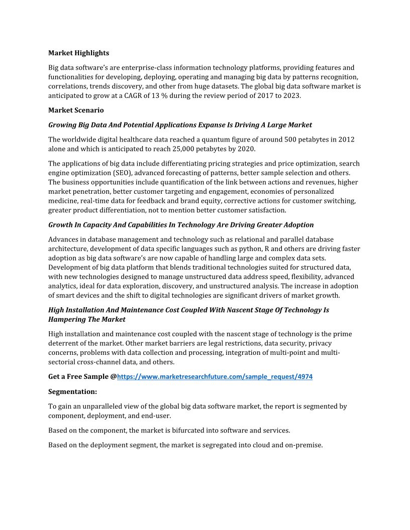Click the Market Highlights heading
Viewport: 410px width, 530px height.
pos(78,53)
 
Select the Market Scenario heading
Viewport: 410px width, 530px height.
pos(76,110)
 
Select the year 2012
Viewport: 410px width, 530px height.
pos(346,139)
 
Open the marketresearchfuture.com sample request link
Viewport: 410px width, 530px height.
pos(215,376)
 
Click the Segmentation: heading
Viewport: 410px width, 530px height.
pos(72,391)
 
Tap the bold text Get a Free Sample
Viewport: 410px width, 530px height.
pos(79,376)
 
